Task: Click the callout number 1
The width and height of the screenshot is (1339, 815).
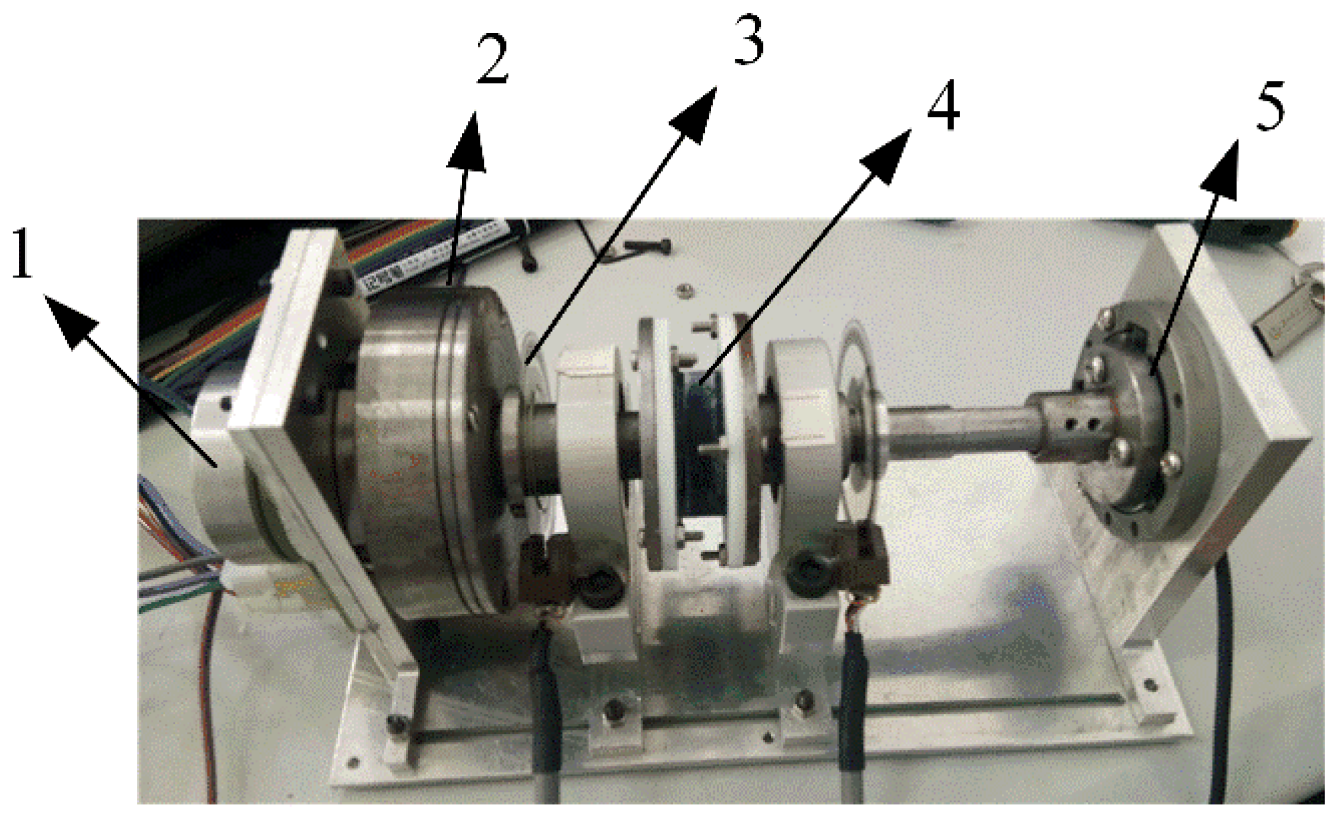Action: (22, 256)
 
